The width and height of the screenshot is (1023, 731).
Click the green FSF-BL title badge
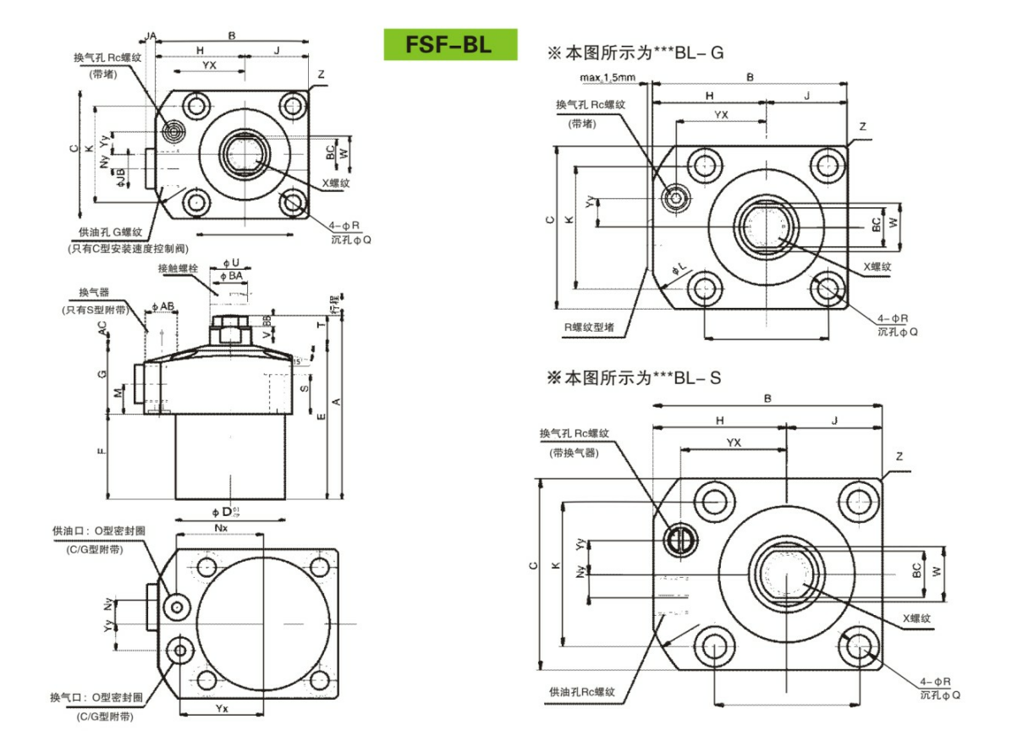tap(449, 44)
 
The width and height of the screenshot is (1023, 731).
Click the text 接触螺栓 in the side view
tap(178, 268)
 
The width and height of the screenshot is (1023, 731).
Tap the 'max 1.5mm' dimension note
tap(608, 78)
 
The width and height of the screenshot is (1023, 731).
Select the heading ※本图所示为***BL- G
tap(636, 52)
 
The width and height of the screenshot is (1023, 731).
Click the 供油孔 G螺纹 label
tap(110, 232)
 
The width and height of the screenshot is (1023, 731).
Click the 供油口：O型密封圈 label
tap(99, 530)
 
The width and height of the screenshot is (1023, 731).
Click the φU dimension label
tap(230, 262)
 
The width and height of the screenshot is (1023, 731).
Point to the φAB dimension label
tap(162, 305)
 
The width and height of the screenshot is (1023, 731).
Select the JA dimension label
tap(151, 36)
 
